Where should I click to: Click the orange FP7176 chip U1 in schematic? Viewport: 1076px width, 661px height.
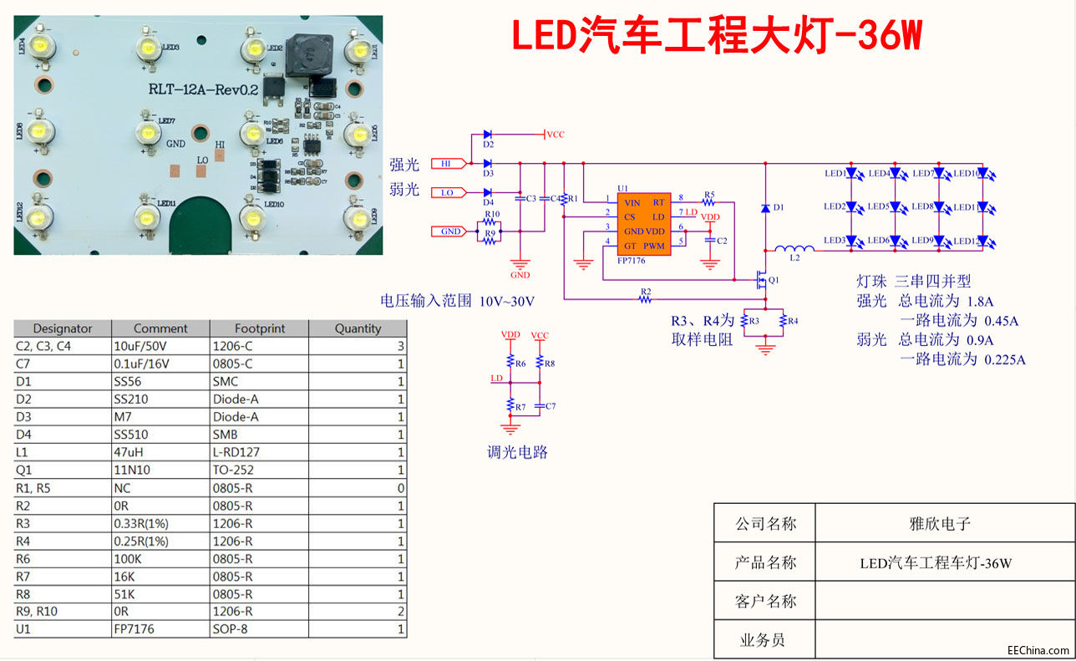pyautogui.click(x=643, y=223)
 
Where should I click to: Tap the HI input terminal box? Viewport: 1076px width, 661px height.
pyautogui.click(x=446, y=164)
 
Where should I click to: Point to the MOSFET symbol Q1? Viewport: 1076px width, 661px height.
pyautogui.click(x=762, y=279)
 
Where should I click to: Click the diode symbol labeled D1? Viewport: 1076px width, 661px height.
pyautogui.click(x=764, y=207)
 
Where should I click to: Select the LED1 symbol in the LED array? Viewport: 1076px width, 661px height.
pyautogui.click(x=853, y=174)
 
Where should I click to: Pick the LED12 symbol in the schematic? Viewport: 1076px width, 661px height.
pyautogui.click(x=982, y=241)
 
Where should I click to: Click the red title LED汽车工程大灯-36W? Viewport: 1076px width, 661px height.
pyautogui.click(x=716, y=35)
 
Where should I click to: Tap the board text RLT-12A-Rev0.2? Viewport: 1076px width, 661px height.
pyautogui.click(x=201, y=89)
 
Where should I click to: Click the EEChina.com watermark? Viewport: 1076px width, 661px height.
pyautogui.click(x=1038, y=650)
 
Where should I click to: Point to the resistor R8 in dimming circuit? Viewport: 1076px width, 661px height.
pyautogui.click(x=541, y=364)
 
